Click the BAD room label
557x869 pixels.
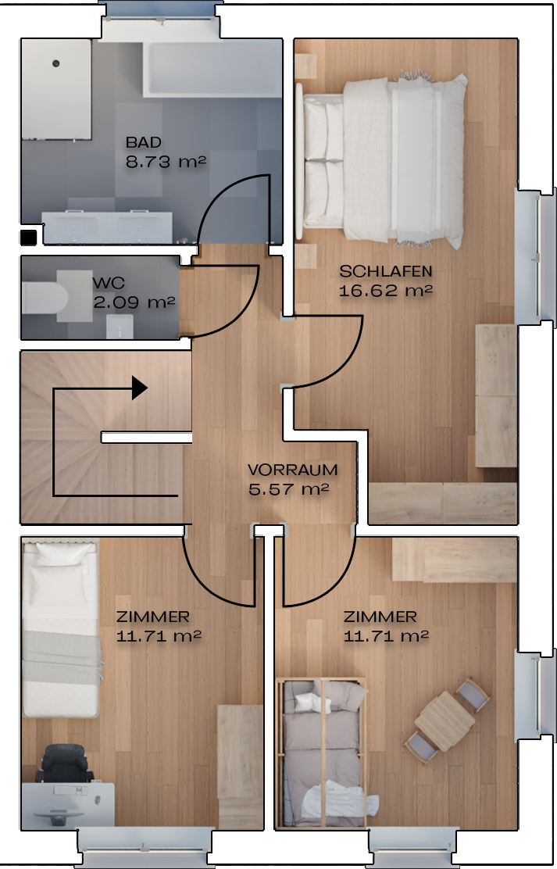tap(144, 142)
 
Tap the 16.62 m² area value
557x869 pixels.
tap(386, 291)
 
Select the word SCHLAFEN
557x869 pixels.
tap(386, 272)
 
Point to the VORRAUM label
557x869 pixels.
tap(292, 470)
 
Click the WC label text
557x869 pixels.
tap(109, 283)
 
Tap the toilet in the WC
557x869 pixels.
tap(45, 297)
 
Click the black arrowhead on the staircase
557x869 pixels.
tap(139, 388)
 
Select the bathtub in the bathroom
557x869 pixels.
tap(212, 69)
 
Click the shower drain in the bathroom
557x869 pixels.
tap(56, 64)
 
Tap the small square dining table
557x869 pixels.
tap(445, 721)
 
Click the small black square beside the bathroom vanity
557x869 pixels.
tap(28, 238)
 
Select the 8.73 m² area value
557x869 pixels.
tap(166, 162)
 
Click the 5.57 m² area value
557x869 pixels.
tap(289, 489)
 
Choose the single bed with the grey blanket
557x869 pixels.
tap(61, 630)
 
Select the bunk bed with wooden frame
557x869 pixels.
tap(321, 753)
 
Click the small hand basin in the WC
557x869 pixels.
tap(120, 326)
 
